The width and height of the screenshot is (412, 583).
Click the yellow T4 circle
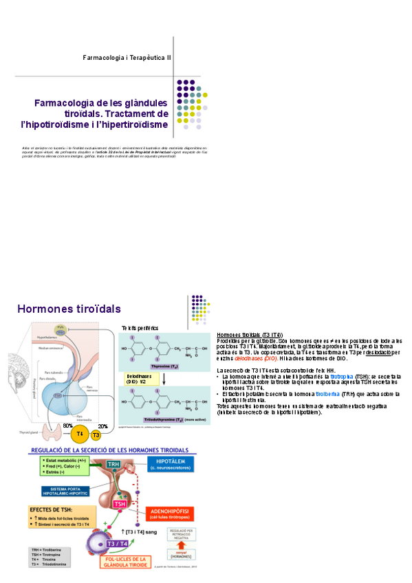pyautogui.click(x=80, y=434)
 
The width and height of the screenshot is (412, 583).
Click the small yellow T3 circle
pyautogui.click(x=96, y=435)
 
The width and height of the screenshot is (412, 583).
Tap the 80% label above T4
pyautogui.click(x=68, y=426)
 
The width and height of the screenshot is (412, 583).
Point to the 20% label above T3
pyautogui.click(x=103, y=426)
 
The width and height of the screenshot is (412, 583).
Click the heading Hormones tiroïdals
pyautogui.click(x=69, y=309)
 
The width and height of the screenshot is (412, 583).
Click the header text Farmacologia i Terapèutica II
pyautogui.click(x=128, y=59)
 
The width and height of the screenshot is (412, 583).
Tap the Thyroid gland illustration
pyautogui.click(x=51, y=432)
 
